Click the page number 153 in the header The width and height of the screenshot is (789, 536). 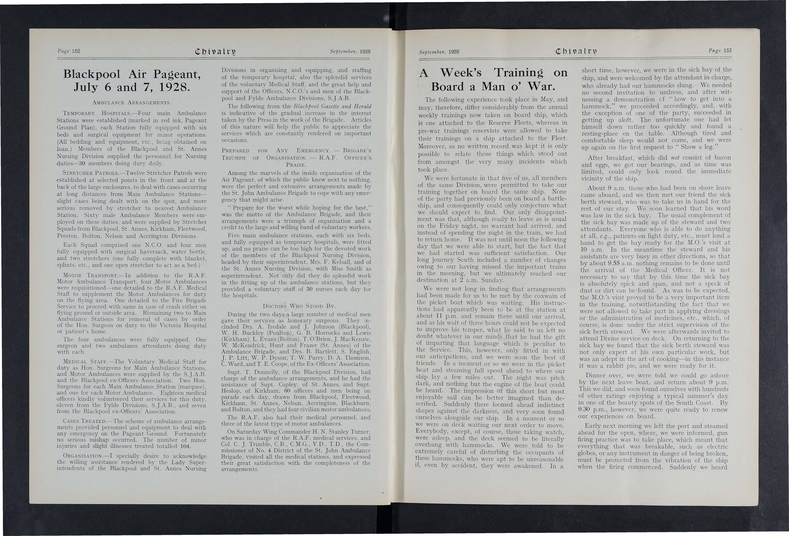(x=727, y=51)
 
